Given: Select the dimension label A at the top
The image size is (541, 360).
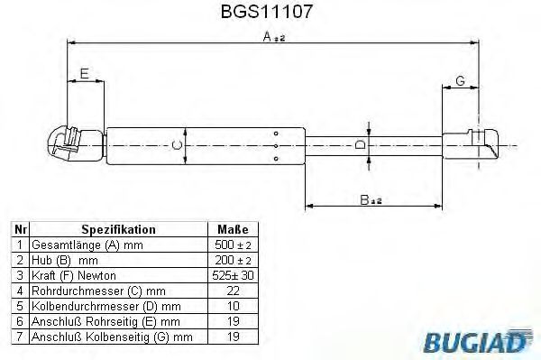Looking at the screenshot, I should click(268, 36).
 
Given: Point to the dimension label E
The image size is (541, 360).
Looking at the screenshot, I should click(84, 74).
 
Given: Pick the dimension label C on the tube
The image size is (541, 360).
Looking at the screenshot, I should click(178, 144).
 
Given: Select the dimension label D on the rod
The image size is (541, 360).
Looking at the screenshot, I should click(359, 144).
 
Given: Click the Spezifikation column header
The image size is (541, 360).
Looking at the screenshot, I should click(118, 230).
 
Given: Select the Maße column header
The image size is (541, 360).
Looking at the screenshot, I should click(233, 230).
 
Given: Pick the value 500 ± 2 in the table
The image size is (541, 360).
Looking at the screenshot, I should click(233, 245).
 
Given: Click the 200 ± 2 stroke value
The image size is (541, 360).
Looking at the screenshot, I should click(233, 259).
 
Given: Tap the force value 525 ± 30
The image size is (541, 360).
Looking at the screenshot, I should click(233, 274).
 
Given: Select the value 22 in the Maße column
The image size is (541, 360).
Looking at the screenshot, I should click(233, 290).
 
